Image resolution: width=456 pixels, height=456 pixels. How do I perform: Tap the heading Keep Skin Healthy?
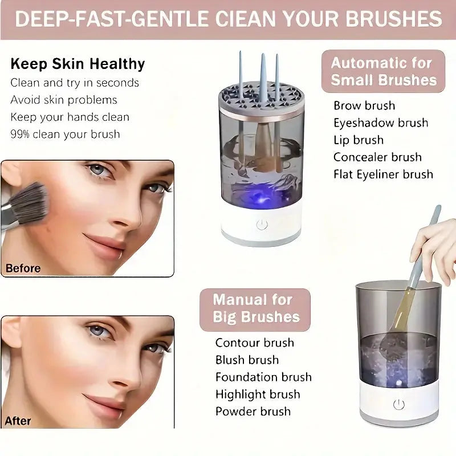pyautogui.click(x=78, y=64)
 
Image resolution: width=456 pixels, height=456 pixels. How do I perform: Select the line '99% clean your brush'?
pyautogui.click(x=65, y=135)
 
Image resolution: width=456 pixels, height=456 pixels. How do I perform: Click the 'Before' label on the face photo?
pyautogui.click(x=23, y=268)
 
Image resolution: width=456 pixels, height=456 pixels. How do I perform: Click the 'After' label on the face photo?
pyautogui.click(x=18, y=421)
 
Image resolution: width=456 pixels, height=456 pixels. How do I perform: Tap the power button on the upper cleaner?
pyautogui.click(x=262, y=225)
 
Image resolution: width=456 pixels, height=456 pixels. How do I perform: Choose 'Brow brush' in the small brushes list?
pyautogui.click(x=364, y=105)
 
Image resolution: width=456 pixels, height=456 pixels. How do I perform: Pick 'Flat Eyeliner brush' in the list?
pyautogui.click(x=383, y=174)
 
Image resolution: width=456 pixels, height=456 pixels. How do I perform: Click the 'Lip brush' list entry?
pyautogui.click(x=359, y=140)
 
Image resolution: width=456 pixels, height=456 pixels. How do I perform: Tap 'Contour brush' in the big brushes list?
pyautogui.click(x=254, y=343)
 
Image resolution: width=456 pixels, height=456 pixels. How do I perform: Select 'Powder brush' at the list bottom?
pyautogui.click(x=253, y=411)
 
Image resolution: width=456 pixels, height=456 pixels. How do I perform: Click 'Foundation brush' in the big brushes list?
pyautogui.click(x=263, y=377)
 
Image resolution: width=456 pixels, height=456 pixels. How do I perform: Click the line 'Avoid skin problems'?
pyautogui.click(x=64, y=100)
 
